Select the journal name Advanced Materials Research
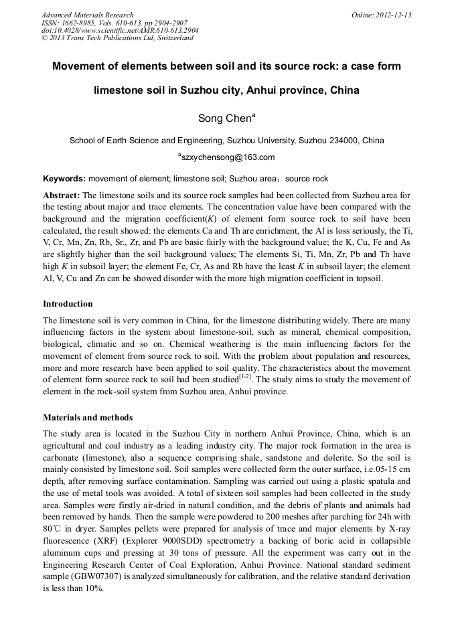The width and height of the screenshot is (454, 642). [88, 15]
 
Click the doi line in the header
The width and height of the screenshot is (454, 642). [120, 31]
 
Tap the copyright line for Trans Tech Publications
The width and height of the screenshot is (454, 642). [117, 39]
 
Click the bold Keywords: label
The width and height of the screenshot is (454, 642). [64, 179]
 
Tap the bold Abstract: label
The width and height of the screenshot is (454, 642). [62, 195]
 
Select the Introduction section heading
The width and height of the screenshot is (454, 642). [68, 304]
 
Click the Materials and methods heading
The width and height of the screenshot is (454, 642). [88, 417]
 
